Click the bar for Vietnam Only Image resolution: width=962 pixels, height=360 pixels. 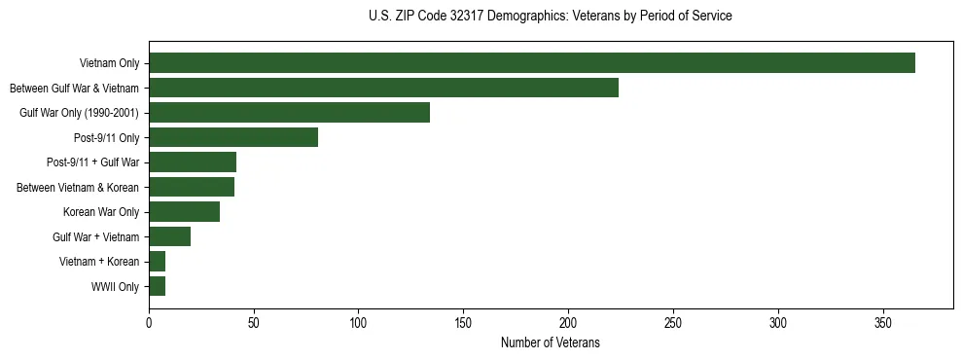(x=532, y=63)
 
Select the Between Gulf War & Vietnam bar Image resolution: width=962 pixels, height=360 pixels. (x=383, y=88)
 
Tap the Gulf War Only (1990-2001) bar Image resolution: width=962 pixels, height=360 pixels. (x=289, y=113)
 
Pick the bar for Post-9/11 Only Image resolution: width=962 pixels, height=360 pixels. (x=233, y=137)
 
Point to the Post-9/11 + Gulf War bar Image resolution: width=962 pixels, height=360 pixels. (x=193, y=162)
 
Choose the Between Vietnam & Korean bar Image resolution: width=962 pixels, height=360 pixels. (x=192, y=187)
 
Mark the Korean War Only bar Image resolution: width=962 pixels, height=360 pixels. (x=184, y=212)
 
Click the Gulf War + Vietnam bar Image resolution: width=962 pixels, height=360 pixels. (x=169, y=236)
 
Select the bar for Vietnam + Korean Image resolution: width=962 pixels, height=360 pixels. (x=157, y=262)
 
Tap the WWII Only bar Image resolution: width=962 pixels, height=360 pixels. (x=157, y=286)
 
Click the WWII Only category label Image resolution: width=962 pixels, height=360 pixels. (x=114, y=287)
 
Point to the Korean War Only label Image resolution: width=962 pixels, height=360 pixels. (x=101, y=212)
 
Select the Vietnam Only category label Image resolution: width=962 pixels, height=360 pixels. (x=109, y=64)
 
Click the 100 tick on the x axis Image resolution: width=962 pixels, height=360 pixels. (x=359, y=320)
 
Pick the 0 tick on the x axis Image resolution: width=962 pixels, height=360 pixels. (x=149, y=320)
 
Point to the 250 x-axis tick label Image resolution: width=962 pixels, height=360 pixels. (x=673, y=320)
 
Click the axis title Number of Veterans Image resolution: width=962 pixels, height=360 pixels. (x=550, y=342)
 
